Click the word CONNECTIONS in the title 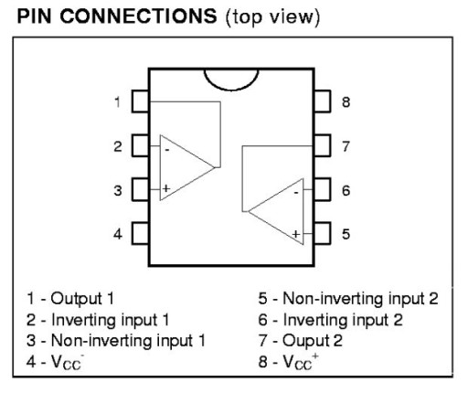coord(138,16)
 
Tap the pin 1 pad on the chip coord(140,101)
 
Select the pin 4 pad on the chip coord(140,234)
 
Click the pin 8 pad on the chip coord(323,101)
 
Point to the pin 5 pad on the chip coord(323,234)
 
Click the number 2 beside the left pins coord(118,146)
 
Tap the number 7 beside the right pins coord(346,146)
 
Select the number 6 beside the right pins coord(346,191)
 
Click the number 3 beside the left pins coord(118,191)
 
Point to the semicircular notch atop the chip coord(231,90)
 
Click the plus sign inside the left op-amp coord(166,188)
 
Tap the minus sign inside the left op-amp coord(167,150)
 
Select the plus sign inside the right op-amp coord(296,234)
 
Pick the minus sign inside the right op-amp coord(296,193)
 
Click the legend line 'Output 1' coord(70,299)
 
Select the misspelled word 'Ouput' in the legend coord(305,341)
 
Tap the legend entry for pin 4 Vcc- coord(55,362)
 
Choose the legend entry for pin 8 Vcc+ coord(288,362)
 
